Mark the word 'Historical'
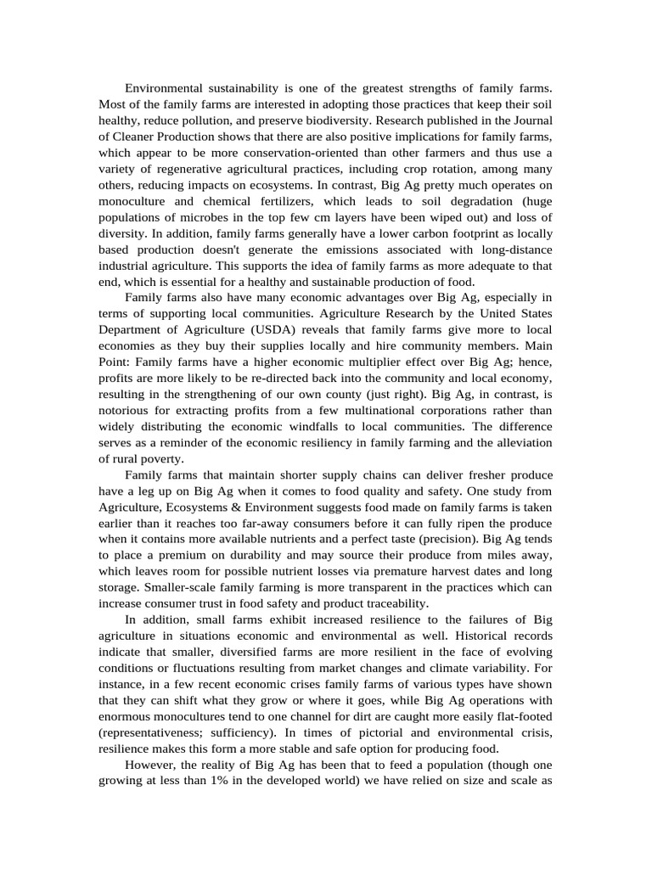[x=517, y=636]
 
